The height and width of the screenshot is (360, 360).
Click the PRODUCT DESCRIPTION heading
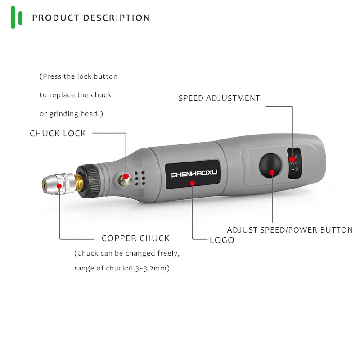[x=91, y=18]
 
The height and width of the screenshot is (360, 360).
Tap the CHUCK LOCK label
[x=58, y=134]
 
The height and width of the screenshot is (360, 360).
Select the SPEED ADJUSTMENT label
[x=219, y=98]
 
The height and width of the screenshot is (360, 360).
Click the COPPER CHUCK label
[x=135, y=238]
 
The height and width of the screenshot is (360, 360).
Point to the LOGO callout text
[x=222, y=240]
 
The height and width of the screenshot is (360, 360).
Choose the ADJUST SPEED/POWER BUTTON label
[x=289, y=230]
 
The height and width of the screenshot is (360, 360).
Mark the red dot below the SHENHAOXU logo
[x=193, y=183]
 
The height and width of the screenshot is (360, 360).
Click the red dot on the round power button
[x=272, y=172]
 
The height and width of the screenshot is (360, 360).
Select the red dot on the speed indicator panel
[x=292, y=159]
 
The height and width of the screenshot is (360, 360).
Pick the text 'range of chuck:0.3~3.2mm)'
[x=121, y=269]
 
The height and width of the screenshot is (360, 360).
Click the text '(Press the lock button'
[x=79, y=76]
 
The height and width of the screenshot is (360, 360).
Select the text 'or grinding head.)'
[x=72, y=114]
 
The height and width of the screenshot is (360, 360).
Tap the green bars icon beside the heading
[x=17, y=18]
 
